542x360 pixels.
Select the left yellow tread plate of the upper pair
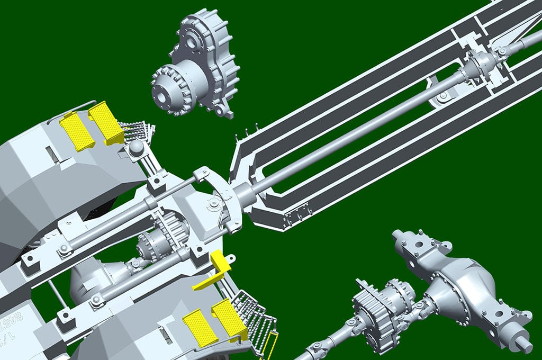[x=77, y=131]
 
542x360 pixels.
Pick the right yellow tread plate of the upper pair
[x=106, y=122]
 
